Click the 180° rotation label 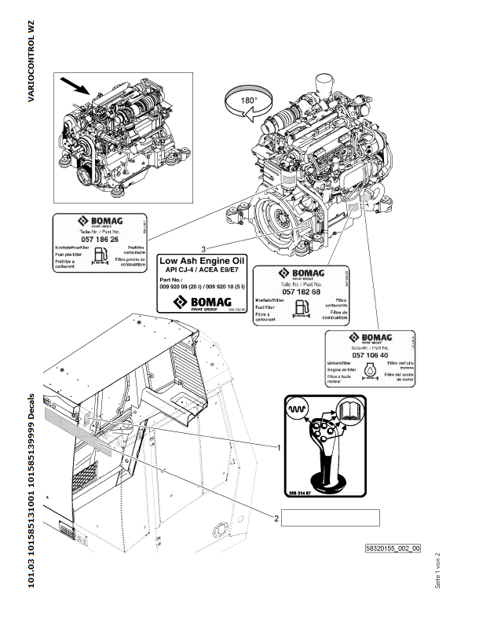[248, 101]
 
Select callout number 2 [276, 517]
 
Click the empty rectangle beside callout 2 [331, 517]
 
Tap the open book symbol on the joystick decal [350, 409]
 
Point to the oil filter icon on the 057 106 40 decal [372, 369]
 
